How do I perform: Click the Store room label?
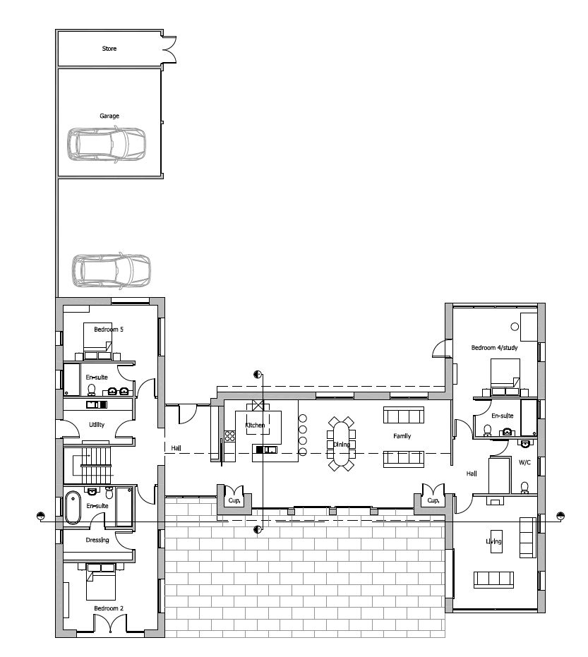pyautogui.click(x=109, y=49)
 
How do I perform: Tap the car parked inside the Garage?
pyautogui.click(x=107, y=144)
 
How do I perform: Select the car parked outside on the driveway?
pyautogui.click(x=111, y=271)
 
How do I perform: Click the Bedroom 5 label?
pyautogui.click(x=109, y=330)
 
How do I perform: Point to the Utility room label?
pyautogui.click(x=97, y=424)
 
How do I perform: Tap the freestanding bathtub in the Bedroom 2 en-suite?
pyautogui.click(x=73, y=507)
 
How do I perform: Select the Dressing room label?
pyautogui.click(x=97, y=540)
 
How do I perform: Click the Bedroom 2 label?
pyautogui.click(x=109, y=608)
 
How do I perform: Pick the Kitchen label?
pyautogui.click(x=255, y=425)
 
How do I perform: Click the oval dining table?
pyautogui.click(x=341, y=443)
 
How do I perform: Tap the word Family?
pyautogui.click(x=402, y=436)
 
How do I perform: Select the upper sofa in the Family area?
pyautogui.click(x=404, y=415)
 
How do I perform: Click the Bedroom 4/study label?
pyautogui.click(x=494, y=348)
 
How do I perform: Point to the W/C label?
pyautogui.click(x=524, y=463)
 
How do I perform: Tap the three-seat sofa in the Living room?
pyautogui.click(x=493, y=579)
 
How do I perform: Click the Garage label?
pyautogui.click(x=109, y=116)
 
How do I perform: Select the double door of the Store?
pyautogui.click(x=169, y=49)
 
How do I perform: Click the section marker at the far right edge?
pyautogui.click(x=560, y=516)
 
